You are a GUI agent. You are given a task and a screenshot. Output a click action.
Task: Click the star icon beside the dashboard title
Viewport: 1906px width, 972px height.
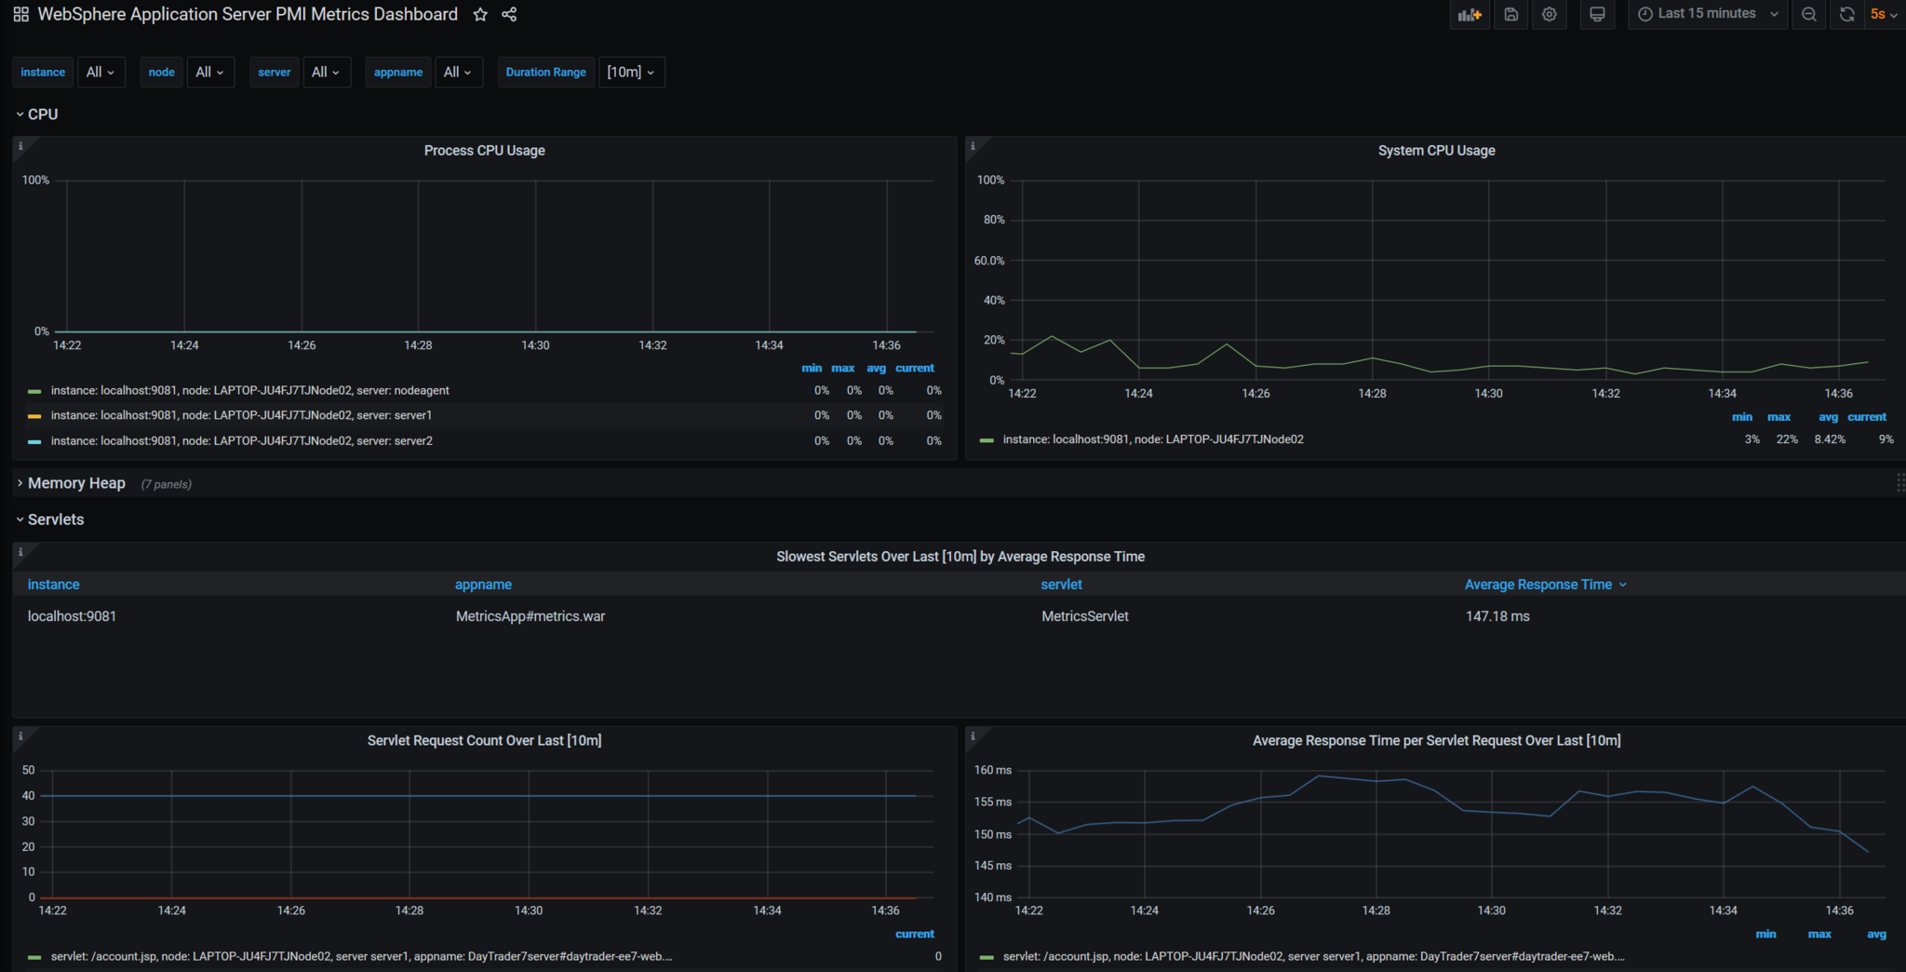pos(480,14)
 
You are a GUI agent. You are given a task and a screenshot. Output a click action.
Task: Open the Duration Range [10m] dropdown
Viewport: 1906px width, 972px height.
pos(631,72)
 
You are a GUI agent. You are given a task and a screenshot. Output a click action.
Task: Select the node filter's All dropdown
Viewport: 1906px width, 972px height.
pos(210,72)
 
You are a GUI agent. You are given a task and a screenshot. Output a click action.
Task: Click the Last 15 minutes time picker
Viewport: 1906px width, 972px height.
pos(1707,14)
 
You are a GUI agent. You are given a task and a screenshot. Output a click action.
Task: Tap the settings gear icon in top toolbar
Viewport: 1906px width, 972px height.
pos(1549,14)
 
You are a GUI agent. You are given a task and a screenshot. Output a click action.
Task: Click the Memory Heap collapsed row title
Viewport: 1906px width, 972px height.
pos(76,483)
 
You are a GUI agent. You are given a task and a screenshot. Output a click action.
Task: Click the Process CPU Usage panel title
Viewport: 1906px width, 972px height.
pos(485,150)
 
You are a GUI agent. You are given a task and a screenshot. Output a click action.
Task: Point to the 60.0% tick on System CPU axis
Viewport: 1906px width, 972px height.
pos(989,261)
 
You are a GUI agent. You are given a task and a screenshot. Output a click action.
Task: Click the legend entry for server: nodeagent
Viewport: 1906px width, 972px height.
pos(249,391)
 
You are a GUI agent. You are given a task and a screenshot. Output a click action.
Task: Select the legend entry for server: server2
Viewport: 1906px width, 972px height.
pos(241,441)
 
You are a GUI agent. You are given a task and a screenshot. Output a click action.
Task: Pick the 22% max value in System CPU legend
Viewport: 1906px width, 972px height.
pos(1787,439)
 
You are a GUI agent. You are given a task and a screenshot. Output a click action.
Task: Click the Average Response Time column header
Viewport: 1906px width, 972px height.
pos(1538,585)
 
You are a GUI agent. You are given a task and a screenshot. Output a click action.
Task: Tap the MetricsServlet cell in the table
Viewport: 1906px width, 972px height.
pos(1085,616)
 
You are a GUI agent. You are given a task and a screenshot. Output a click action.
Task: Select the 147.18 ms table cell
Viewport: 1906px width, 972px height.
pos(1497,616)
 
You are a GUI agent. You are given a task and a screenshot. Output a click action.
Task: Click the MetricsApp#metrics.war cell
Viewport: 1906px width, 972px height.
pos(530,616)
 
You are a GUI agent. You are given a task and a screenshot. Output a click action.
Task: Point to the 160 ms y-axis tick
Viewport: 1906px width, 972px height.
pos(993,770)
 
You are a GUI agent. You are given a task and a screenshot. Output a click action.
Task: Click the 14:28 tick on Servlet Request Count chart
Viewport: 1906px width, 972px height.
pos(409,911)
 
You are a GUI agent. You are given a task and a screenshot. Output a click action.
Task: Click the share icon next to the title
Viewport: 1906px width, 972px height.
pos(509,14)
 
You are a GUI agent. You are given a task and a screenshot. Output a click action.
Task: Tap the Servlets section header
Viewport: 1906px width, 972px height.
pos(56,520)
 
